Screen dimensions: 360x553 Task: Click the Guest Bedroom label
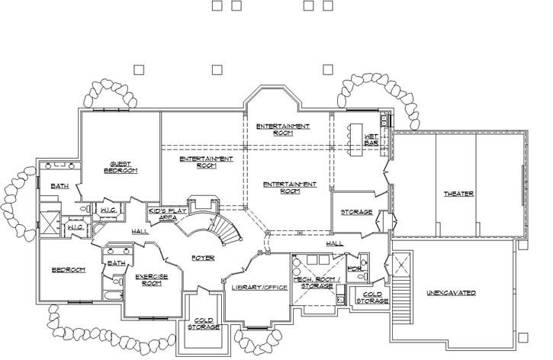[x=121, y=167]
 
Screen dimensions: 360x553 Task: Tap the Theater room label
[x=458, y=194]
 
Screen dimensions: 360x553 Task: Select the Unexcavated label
[x=451, y=293]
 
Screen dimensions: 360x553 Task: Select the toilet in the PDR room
[x=364, y=274]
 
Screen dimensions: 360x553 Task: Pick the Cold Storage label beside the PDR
[x=372, y=297]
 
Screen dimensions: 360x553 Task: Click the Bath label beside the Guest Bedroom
[x=59, y=185]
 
